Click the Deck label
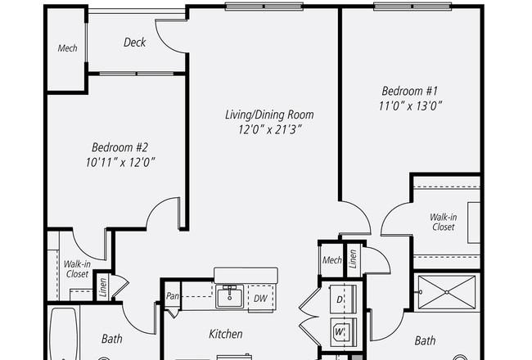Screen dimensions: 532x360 tap(135, 43)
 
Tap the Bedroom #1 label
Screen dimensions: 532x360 tap(410, 91)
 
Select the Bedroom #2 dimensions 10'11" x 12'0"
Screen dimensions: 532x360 tap(120, 163)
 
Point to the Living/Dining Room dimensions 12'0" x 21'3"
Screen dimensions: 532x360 tap(270, 129)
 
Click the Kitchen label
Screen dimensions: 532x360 tap(226, 334)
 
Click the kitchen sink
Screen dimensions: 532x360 tap(230, 296)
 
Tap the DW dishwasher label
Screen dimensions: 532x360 tap(260, 299)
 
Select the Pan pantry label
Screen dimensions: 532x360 tap(173, 296)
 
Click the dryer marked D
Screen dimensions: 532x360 tap(343, 299)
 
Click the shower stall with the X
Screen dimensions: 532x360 tap(447, 292)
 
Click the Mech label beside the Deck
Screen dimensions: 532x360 tap(67, 48)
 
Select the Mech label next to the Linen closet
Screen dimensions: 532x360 tap(331, 260)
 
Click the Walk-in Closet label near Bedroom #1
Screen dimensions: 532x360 tap(443, 222)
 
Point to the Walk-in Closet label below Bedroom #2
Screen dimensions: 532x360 tap(77, 269)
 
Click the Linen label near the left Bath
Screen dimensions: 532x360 tap(103, 288)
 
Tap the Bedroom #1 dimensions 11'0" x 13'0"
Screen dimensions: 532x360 tap(410, 106)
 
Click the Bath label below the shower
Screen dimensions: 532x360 tap(425, 340)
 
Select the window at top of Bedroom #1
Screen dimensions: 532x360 tap(413, 7)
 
